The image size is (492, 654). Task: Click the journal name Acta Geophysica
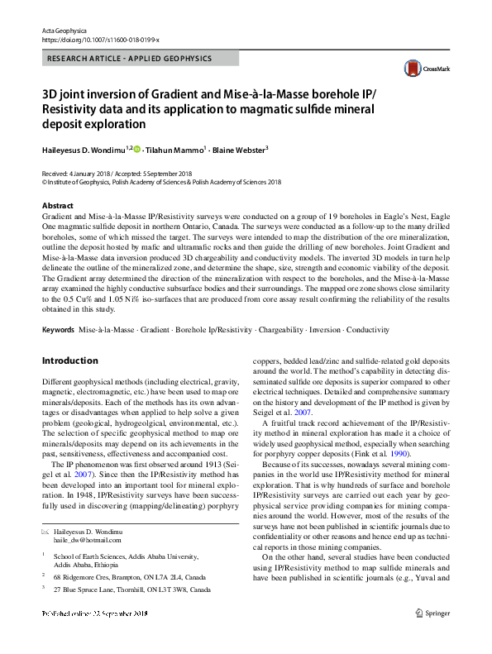point(64,30)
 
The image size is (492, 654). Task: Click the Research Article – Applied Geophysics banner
point(130,59)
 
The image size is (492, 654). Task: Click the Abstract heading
point(57,205)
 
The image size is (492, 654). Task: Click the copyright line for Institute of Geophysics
point(161,182)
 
